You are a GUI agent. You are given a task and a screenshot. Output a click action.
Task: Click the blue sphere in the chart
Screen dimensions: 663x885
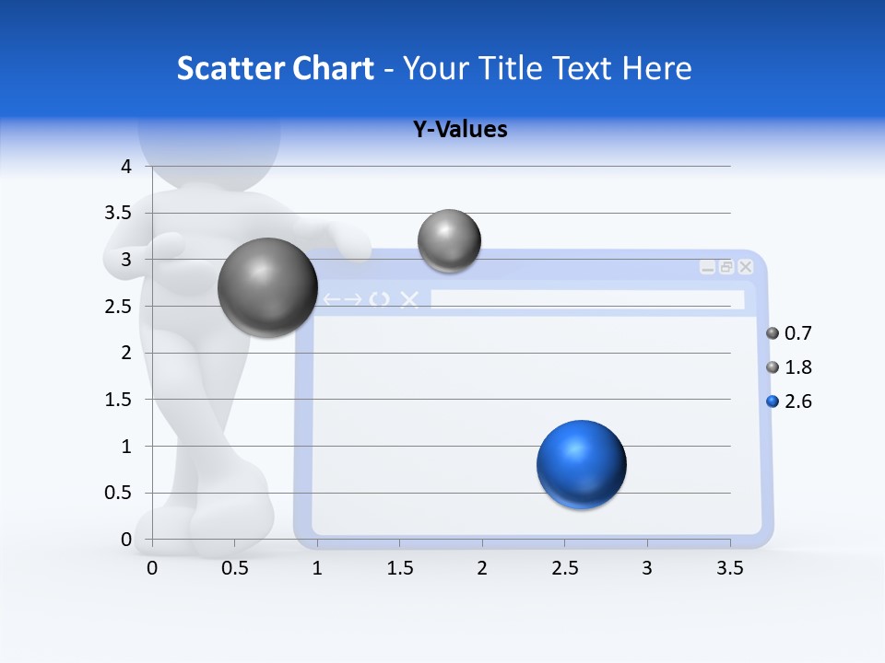(x=581, y=464)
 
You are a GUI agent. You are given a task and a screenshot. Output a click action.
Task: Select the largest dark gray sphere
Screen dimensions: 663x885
(x=267, y=287)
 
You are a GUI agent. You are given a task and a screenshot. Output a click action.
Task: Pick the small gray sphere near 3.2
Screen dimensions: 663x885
(x=449, y=240)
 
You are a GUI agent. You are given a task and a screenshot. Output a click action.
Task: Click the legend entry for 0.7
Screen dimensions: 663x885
(x=788, y=333)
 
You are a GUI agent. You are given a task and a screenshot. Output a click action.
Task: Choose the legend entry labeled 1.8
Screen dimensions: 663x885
(x=788, y=367)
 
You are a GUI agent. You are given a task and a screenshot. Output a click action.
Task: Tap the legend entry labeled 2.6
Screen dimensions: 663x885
(x=788, y=401)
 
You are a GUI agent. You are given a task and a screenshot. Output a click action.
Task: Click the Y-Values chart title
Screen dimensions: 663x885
(x=460, y=129)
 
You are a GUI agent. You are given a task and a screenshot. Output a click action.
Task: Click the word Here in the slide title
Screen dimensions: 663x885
(x=656, y=68)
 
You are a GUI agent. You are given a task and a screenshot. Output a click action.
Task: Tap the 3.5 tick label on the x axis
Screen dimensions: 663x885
(x=729, y=568)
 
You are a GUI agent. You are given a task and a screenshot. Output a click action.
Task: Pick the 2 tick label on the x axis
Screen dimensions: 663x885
(x=481, y=568)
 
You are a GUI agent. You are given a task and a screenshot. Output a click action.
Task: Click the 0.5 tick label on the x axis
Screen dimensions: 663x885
(x=235, y=568)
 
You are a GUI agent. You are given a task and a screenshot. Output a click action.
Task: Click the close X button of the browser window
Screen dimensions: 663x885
(x=746, y=267)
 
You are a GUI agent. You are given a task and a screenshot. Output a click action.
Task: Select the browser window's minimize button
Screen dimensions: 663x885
(x=707, y=267)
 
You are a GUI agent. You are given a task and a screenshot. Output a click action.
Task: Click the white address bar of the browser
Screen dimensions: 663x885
(x=586, y=299)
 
